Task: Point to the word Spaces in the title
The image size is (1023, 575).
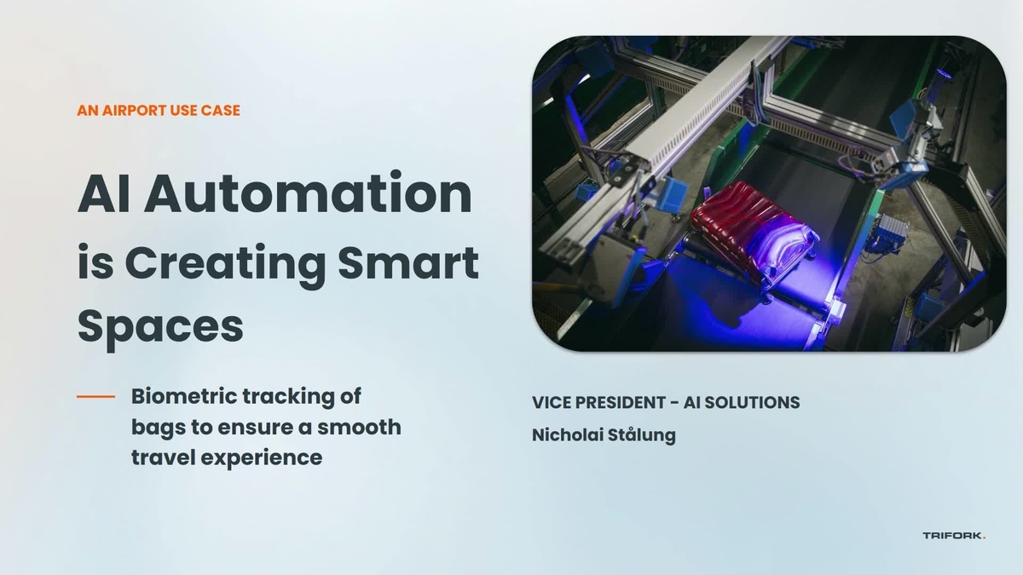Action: point(160,326)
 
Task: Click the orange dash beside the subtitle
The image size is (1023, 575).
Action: point(95,397)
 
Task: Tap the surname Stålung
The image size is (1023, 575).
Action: point(641,434)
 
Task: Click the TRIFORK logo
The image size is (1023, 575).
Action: point(953,536)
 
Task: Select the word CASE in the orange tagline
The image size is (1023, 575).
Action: point(221,110)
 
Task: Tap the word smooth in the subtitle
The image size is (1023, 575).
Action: point(360,427)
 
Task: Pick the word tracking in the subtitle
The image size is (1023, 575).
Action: point(286,396)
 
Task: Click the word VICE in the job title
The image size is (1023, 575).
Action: point(550,402)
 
